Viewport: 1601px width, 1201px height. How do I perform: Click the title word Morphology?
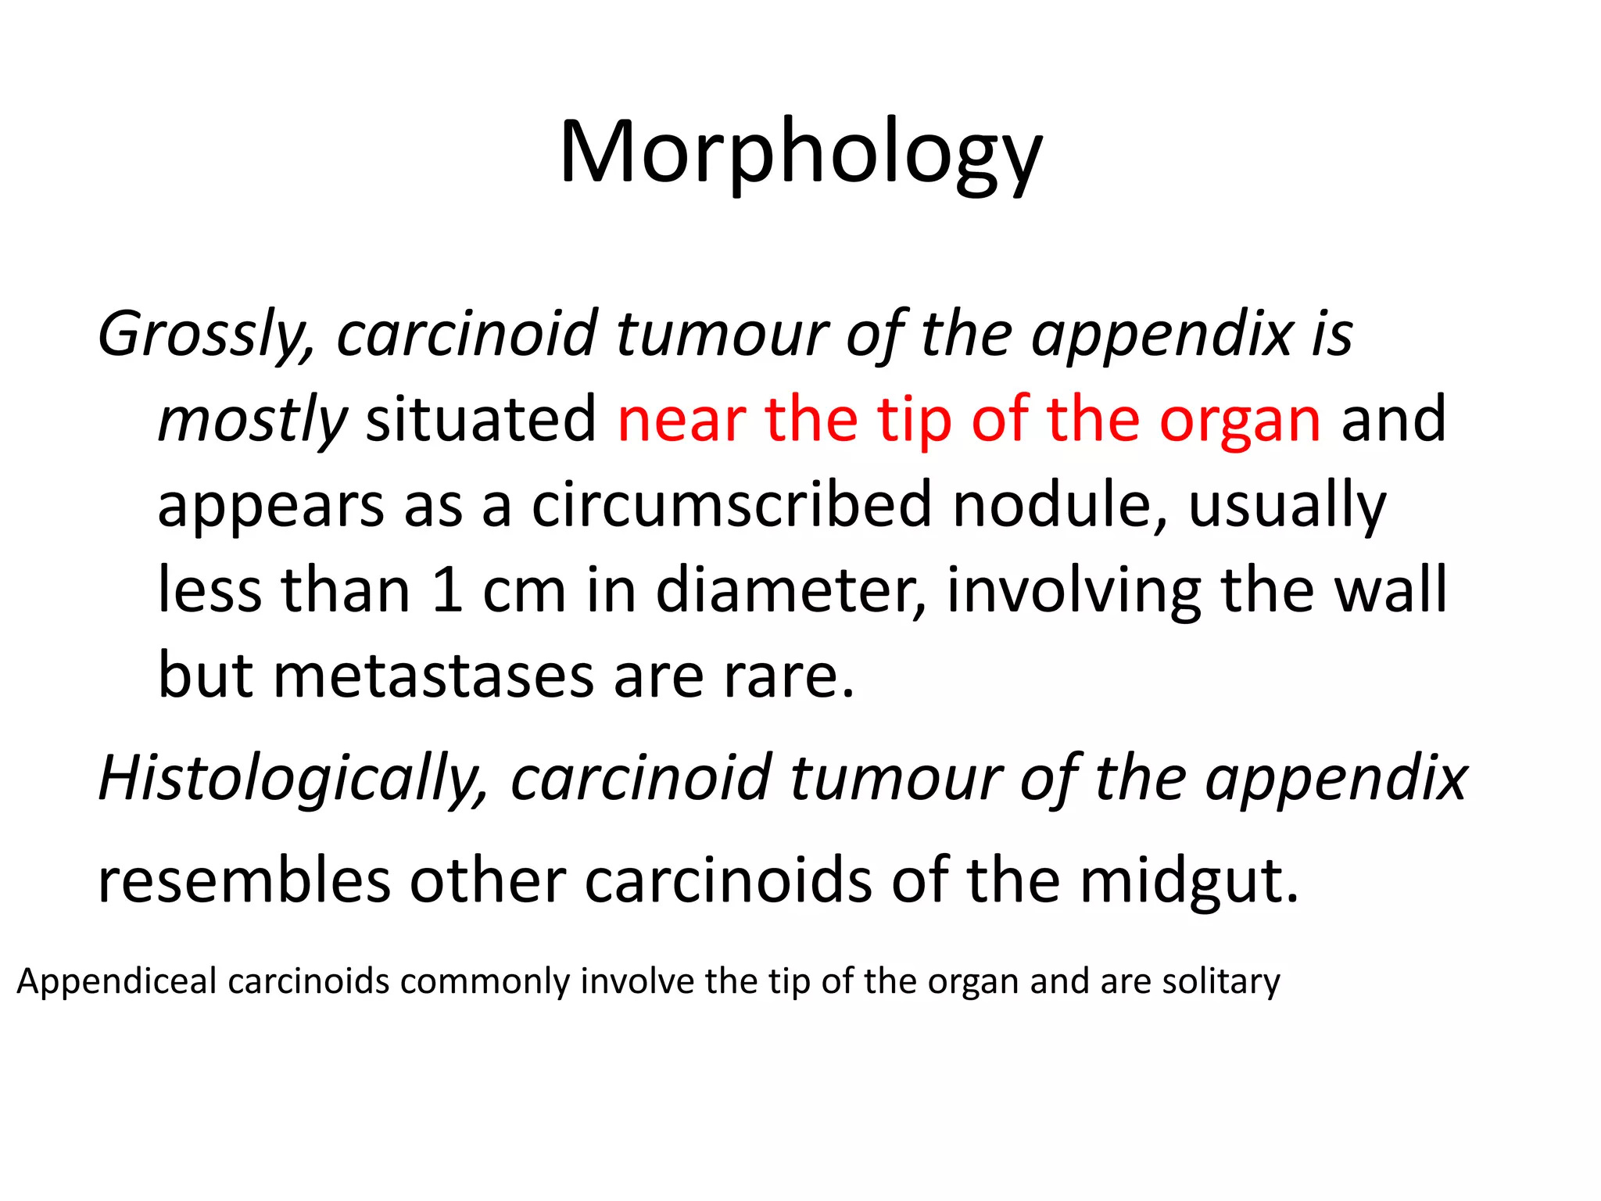tap(800, 152)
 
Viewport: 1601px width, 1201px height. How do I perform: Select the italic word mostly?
tap(253, 421)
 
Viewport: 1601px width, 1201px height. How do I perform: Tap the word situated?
tap(482, 419)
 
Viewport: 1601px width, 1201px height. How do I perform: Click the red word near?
tap(681, 420)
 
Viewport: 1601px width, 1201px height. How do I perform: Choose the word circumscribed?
tap(732, 504)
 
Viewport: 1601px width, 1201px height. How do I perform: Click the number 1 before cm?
tap(447, 590)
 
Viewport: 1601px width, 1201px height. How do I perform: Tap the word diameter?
tap(790, 590)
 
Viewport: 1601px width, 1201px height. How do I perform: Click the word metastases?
tap(433, 675)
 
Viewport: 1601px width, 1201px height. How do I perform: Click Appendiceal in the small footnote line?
tap(116, 981)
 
